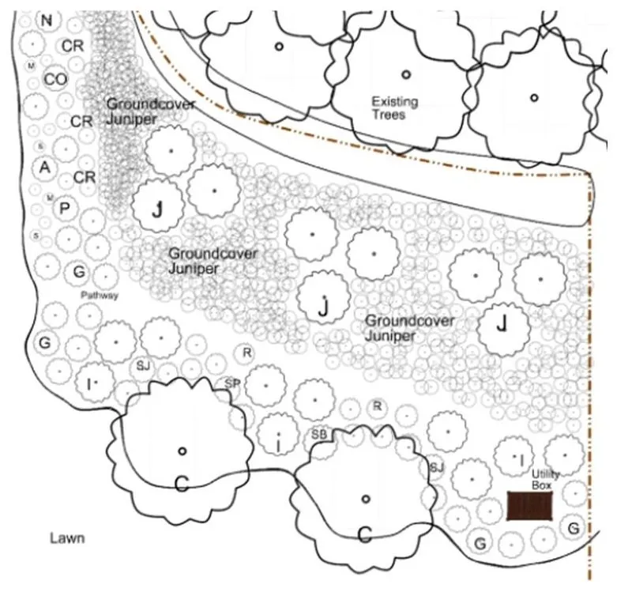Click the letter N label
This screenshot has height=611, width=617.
[x=47, y=21]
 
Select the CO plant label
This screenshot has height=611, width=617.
[x=55, y=79]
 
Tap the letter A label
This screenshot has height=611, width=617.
[x=45, y=167]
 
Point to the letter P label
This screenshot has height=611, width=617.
[x=65, y=208]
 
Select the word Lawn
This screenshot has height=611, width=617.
[x=67, y=538]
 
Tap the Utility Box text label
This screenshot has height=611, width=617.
[x=545, y=479]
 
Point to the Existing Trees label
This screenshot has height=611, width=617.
[x=395, y=108]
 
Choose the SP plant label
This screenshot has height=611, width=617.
[x=232, y=383]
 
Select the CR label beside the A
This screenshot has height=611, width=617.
[x=85, y=177]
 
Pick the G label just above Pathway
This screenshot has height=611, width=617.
[x=79, y=273]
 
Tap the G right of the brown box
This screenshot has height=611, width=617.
[x=574, y=527]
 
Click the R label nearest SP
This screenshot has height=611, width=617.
[x=246, y=353]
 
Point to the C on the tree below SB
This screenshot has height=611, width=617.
[x=365, y=534]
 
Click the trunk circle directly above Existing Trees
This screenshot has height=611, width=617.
[x=406, y=74]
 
